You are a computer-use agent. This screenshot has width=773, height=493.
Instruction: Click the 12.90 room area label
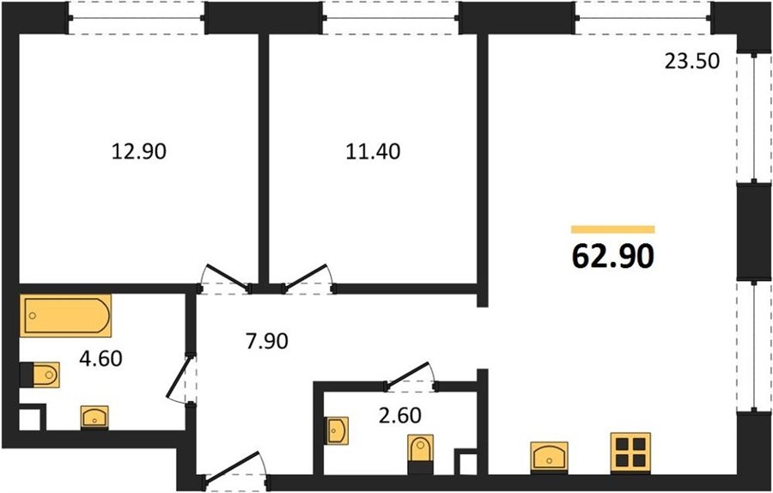pos(139,151)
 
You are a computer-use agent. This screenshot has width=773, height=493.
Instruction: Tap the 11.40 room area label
pos(373,151)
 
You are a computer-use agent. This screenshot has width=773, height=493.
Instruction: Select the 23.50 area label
pos(692,62)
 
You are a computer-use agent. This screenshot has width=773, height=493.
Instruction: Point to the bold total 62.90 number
pos(613,256)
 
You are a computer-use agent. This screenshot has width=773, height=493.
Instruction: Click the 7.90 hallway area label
pos(267,341)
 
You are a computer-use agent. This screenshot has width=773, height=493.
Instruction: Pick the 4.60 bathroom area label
pos(100,358)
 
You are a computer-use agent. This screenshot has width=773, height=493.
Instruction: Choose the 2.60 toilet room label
pos(399,416)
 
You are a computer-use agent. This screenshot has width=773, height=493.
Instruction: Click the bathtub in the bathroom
pos(65,315)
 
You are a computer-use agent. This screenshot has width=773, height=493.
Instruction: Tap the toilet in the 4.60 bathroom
pos(40,375)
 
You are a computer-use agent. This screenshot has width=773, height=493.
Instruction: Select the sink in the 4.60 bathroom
pos(94,417)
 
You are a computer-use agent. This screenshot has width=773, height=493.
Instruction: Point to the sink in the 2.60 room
pos(337,430)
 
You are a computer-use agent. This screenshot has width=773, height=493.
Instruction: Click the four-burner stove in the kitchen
pos(630,453)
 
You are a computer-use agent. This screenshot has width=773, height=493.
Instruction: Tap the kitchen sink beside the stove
pos(549,457)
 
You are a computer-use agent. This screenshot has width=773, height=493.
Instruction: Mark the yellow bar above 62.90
pos(613,229)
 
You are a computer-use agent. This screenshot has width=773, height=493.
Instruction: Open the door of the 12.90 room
pos(228,277)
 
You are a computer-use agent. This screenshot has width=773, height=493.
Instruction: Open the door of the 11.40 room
pos(307,276)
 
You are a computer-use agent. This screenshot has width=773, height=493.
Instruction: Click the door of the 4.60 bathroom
pos(179,378)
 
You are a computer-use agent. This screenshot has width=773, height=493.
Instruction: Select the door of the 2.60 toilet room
pos(407,373)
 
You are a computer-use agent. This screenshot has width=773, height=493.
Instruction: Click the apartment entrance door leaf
pos(232,465)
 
